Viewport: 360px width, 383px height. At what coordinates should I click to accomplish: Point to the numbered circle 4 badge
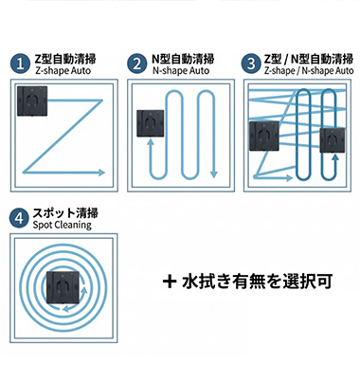[19, 217]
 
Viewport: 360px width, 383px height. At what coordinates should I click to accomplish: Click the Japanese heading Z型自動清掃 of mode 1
[63, 59]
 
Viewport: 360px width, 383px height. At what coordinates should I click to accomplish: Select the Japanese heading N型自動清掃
[182, 59]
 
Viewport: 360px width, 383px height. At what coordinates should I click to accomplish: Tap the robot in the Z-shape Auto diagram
[35, 101]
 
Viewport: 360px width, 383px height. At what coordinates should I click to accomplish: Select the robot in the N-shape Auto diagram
[152, 127]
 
